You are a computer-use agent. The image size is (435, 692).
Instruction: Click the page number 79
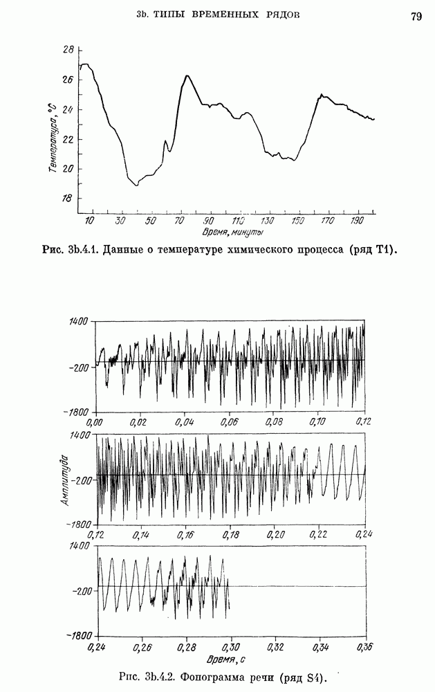pyautogui.click(x=416, y=17)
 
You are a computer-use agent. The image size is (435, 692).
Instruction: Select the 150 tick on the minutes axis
pyautogui.click(x=298, y=220)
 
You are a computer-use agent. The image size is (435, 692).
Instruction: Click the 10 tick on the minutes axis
pyautogui.click(x=90, y=220)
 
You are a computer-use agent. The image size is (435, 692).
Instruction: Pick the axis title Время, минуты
pyautogui.click(x=230, y=231)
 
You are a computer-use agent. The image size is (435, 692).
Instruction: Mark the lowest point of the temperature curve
pyautogui.click(x=137, y=185)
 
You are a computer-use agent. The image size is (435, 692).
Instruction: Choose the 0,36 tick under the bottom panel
pyautogui.click(x=364, y=648)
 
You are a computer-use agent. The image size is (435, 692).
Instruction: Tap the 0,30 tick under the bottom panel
pyautogui.click(x=230, y=648)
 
